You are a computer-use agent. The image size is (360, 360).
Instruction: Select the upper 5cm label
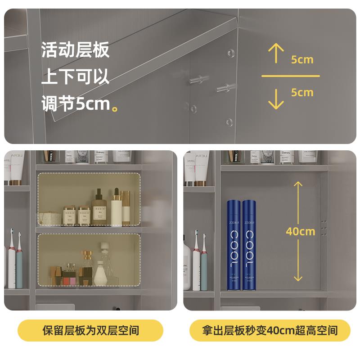[302, 59]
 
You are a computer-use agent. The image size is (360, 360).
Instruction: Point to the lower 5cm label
[302, 93]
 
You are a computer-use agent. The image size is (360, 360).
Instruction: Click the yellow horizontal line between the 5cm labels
[290, 76]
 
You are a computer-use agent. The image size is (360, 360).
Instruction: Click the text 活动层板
[75, 49]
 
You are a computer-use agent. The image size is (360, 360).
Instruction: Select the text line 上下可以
[75, 76]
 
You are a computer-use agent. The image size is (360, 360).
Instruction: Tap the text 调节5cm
[76, 104]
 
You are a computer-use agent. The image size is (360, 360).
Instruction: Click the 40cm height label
[300, 232]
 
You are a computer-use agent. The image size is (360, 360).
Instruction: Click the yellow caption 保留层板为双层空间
[90, 331]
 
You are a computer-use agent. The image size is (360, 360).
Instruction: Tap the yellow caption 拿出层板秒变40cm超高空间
[270, 331]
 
